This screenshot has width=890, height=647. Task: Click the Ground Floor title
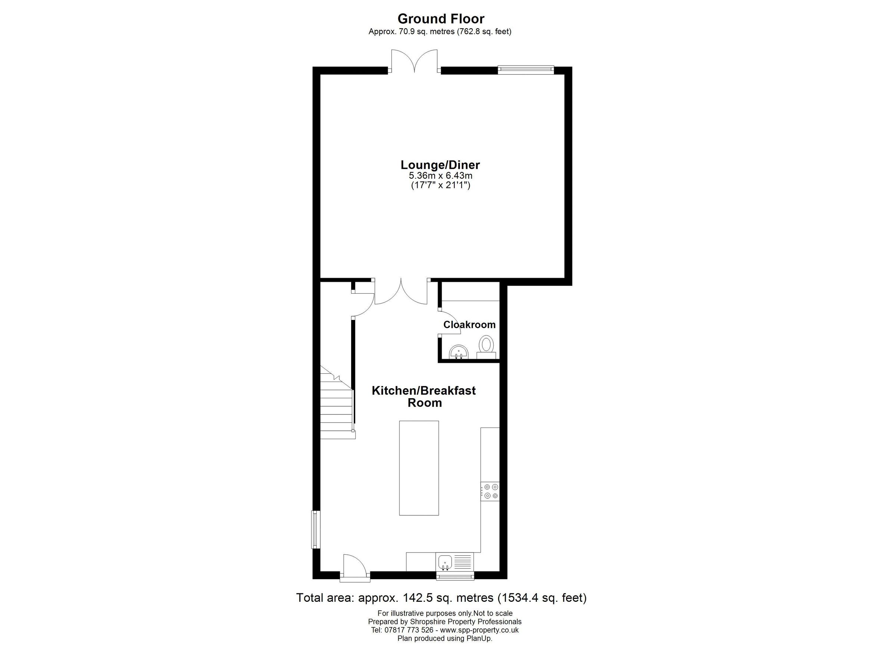[441, 19]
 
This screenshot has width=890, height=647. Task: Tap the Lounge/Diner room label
[440, 165]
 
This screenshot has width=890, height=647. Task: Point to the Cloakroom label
[469, 325]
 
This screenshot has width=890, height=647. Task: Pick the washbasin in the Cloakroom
[459, 351]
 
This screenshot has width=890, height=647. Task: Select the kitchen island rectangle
[419, 468]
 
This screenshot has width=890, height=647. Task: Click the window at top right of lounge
[525, 70]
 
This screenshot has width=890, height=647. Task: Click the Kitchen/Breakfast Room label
[424, 396]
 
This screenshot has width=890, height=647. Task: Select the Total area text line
[441, 598]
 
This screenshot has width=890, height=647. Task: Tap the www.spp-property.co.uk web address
[479, 630]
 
